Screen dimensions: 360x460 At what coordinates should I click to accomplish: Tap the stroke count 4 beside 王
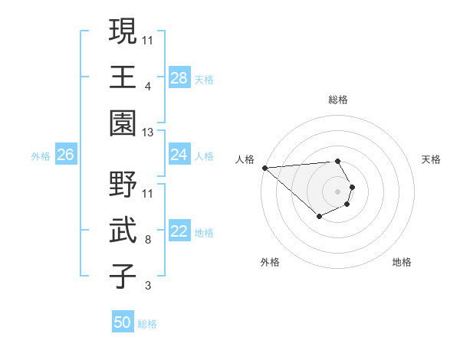click(x=148, y=86)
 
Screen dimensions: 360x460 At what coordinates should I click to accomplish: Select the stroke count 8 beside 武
click(x=148, y=240)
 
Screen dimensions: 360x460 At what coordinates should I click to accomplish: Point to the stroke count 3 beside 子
click(x=148, y=286)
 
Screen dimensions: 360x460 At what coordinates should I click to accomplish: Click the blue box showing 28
click(x=179, y=78)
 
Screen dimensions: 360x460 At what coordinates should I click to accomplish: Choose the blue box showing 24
click(x=179, y=155)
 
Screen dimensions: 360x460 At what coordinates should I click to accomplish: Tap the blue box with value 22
click(x=179, y=232)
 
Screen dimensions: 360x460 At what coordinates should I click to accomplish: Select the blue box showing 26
click(x=65, y=155)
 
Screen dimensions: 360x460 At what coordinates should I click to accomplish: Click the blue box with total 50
click(x=123, y=323)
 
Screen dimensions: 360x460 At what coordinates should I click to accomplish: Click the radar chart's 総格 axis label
click(x=337, y=100)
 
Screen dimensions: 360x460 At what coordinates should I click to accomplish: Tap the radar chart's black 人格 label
click(x=244, y=159)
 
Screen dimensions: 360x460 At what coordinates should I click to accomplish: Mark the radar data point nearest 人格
click(x=264, y=168)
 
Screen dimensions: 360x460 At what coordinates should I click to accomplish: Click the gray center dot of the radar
click(x=337, y=191)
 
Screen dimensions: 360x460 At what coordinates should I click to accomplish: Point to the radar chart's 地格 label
click(x=402, y=263)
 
